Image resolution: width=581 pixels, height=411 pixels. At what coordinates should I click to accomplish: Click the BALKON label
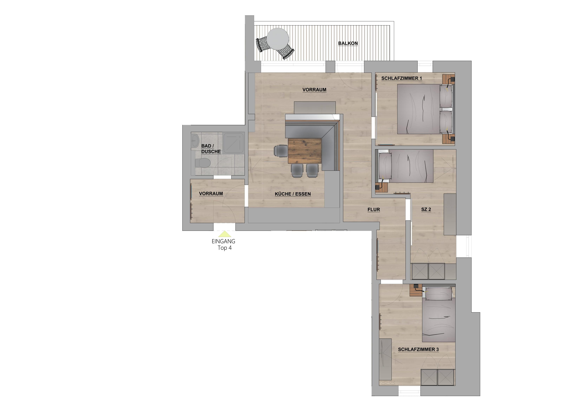click(x=348, y=43)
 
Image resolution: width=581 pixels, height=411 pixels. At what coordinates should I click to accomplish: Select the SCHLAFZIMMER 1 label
click(x=402, y=78)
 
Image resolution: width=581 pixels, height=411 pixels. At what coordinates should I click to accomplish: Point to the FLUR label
click(x=374, y=209)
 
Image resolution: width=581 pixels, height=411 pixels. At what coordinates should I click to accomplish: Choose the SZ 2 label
click(x=426, y=209)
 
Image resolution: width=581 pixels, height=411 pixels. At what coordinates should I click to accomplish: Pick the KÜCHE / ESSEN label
click(x=293, y=194)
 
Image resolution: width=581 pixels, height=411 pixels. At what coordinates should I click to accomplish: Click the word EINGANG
click(x=223, y=241)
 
